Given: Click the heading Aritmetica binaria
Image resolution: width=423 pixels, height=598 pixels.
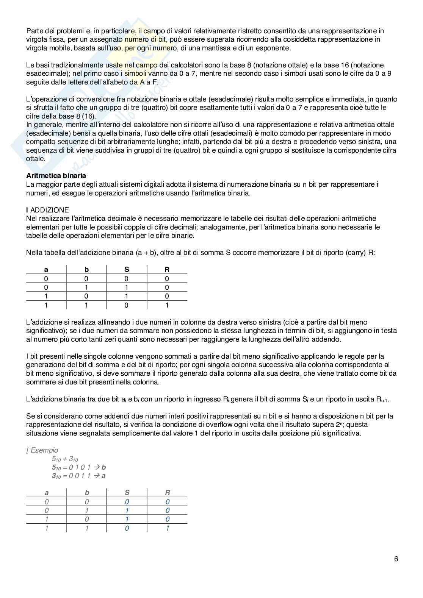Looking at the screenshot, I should [56, 176].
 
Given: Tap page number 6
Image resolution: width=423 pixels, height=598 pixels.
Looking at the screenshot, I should [396, 559].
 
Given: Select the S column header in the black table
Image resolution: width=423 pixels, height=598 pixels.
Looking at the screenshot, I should [127, 270].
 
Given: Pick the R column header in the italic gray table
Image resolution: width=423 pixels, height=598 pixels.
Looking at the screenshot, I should [168, 493].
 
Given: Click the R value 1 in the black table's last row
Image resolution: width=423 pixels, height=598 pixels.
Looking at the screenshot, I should [167, 305].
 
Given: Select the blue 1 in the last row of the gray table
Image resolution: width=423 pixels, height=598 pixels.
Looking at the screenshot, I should [168, 528].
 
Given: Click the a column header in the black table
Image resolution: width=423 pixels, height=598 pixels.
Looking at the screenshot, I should [46, 270].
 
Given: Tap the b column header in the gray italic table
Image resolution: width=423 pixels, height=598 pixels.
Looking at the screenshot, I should [87, 493].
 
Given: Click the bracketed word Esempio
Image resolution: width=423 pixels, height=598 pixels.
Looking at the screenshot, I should [44, 450].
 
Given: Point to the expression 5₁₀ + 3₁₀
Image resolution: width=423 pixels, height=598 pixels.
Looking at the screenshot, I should [65, 459].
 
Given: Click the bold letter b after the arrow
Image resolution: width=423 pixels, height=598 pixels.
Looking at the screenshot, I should [103, 467].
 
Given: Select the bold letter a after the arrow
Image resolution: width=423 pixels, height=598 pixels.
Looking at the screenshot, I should [103, 476].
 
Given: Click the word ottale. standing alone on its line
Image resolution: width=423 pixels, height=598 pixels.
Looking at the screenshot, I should [36, 159].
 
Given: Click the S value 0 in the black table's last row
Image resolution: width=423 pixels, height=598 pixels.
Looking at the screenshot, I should [127, 305].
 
